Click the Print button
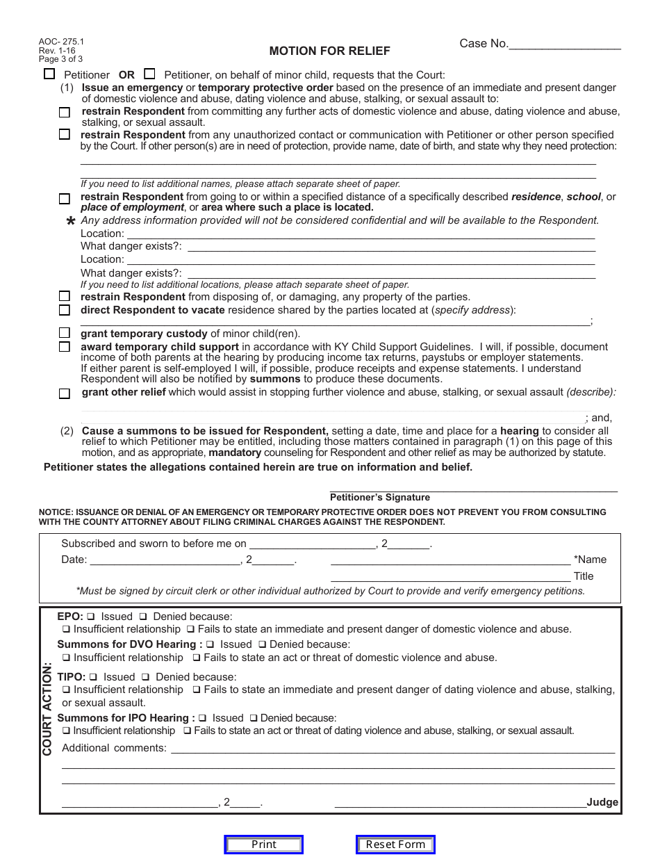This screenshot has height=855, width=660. (263, 845)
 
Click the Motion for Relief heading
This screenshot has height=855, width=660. (329, 51)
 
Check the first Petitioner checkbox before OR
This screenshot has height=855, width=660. (49, 74)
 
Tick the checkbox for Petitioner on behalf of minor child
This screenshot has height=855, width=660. (149, 74)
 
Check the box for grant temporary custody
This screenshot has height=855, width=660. (65, 333)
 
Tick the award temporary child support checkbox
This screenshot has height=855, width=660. (65, 347)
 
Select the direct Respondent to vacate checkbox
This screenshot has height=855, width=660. (65, 310)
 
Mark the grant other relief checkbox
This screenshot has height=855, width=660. (65, 393)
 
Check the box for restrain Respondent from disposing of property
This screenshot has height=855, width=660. (65, 297)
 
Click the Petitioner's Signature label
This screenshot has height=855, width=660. (379, 497)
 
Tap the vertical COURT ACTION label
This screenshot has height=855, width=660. (47, 708)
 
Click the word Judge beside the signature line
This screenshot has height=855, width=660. (602, 802)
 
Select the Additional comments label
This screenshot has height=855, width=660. (114, 748)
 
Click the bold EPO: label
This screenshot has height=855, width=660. (70, 616)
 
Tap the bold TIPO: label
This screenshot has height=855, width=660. (72, 676)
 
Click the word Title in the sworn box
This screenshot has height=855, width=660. (584, 576)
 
